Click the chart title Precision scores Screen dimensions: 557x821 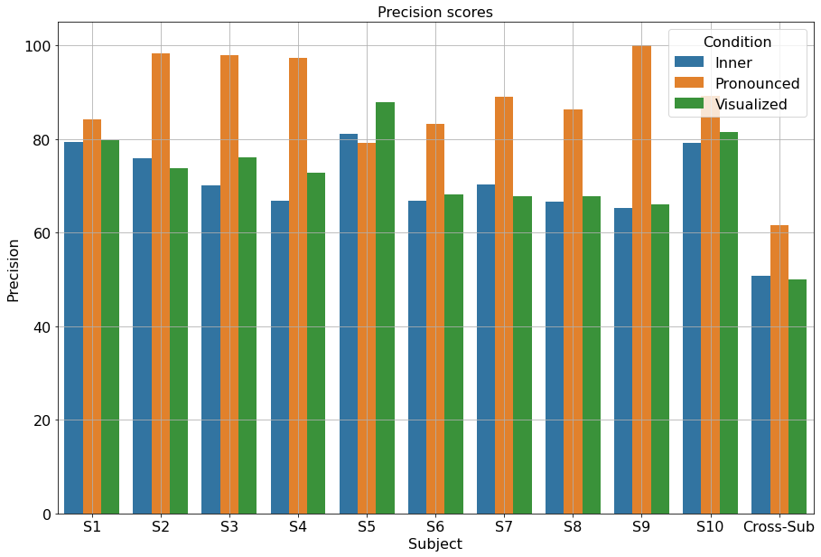click(x=435, y=12)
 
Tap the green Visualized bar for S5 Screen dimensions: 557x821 click(x=385, y=307)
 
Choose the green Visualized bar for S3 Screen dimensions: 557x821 click(x=247, y=335)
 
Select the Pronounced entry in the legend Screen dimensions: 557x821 click(x=757, y=83)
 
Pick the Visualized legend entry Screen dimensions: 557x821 click(x=751, y=104)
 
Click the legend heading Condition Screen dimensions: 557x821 click(x=737, y=42)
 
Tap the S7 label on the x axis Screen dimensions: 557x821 click(x=504, y=527)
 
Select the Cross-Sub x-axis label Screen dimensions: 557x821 click(x=779, y=527)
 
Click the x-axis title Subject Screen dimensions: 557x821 click(x=435, y=544)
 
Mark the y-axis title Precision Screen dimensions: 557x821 click(x=13, y=270)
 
